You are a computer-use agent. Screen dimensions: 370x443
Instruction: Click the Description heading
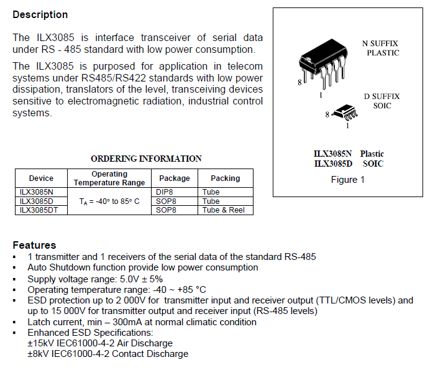tap(40, 14)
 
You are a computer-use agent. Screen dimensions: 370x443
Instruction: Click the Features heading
tap(34, 245)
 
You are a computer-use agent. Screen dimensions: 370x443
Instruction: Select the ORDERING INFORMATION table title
tap(146, 159)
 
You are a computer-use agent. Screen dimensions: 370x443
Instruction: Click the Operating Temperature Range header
tap(109, 178)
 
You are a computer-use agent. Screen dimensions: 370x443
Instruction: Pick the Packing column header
tap(225, 178)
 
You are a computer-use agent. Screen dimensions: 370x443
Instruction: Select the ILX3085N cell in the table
tap(37, 192)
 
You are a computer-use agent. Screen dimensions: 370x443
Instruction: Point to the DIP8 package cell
tap(166, 192)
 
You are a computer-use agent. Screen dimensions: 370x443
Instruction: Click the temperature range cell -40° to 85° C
tap(109, 201)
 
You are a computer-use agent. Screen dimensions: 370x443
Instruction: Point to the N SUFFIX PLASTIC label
tap(380, 49)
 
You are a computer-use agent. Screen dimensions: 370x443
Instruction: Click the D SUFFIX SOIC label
tap(382, 101)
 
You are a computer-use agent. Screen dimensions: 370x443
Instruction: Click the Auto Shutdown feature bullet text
tap(143, 267)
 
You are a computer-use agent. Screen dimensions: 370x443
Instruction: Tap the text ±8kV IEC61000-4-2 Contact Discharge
tap(107, 354)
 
